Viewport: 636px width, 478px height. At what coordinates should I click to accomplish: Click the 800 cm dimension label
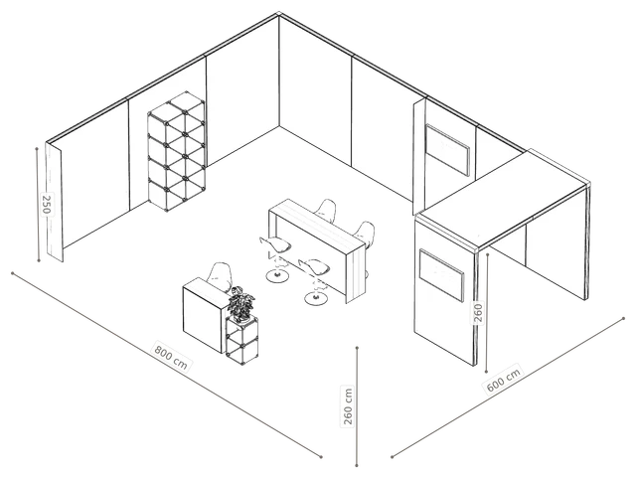171,357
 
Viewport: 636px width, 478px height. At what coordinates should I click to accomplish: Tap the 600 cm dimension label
503,379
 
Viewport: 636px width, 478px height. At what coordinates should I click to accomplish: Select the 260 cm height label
348,406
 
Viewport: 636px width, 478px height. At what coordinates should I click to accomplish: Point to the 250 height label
47,205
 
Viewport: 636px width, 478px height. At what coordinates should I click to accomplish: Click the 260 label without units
478,313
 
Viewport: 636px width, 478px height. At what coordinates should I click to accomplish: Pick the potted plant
241,303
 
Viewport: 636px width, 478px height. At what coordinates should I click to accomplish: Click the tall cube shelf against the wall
177,151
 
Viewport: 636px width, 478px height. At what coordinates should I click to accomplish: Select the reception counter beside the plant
204,315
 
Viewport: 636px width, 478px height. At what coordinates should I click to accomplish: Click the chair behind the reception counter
219,276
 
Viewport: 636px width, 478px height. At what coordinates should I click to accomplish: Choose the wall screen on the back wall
447,150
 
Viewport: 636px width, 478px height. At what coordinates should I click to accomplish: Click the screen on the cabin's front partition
441,274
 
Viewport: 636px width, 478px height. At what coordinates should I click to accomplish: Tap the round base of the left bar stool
277,276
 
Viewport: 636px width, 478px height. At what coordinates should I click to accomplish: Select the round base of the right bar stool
316,299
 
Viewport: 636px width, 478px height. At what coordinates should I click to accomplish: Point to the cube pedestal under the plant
242,340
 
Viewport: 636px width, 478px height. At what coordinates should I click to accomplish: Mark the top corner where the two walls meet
279,15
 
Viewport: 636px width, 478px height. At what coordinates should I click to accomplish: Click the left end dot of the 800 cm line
13,273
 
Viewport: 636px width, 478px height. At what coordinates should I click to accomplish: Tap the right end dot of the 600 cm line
623,319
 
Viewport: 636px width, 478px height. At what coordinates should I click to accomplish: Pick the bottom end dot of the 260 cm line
357,465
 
